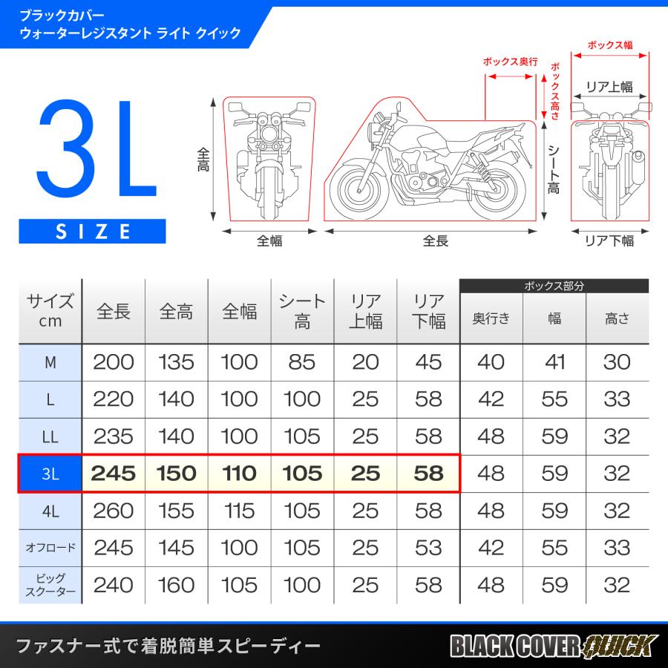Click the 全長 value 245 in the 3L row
pyautogui.click(x=114, y=473)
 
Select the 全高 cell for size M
pyautogui.click(x=177, y=362)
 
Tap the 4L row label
pyautogui.click(x=50, y=511)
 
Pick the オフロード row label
pyautogui.click(x=50, y=548)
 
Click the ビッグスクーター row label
pyautogui.click(x=50, y=585)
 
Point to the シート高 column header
pyautogui.click(x=302, y=311)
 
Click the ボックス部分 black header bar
pyautogui.click(x=554, y=286)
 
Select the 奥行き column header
pyautogui.click(x=491, y=318)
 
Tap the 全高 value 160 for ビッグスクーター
pyautogui.click(x=177, y=585)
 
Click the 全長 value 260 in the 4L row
pyautogui.click(x=114, y=511)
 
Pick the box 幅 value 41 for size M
pyautogui.click(x=554, y=362)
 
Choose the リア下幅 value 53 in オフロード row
pyautogui.click(x=428, y=548)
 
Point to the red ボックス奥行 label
pyautogui.click(x=509, y=62)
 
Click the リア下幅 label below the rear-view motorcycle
pyautogui.click(x=609, y=240)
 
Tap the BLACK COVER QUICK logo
pyautogui.click(x=553, y=645)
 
